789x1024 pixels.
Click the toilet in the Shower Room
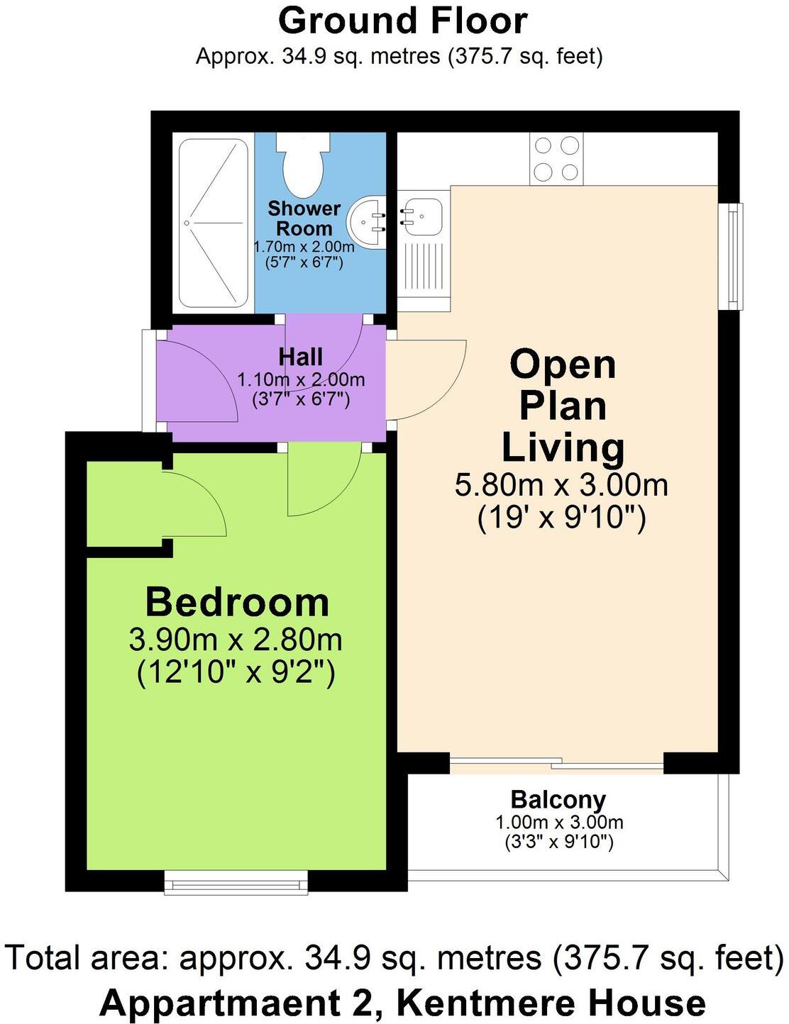click(304, 164)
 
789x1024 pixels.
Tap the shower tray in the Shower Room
click(213, 223)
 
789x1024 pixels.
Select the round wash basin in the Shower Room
click(366, 222)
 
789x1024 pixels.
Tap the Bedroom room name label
click(237, 602)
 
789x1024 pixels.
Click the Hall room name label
click(301, 357)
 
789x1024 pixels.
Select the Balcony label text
click(558, 799)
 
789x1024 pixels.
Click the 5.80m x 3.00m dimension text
click(561, 485)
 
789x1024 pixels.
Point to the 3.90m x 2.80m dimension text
click(236, 640)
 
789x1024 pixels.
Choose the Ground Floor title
click(402, 21)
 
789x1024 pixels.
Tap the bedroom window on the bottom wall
click(236, 883)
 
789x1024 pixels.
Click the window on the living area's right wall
click(731, 256)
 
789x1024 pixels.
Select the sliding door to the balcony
click(556, 764)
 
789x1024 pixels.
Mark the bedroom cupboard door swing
click(195, 503)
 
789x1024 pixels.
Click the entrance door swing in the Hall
click(197, 379)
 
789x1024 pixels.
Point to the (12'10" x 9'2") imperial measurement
click(236, 672)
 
